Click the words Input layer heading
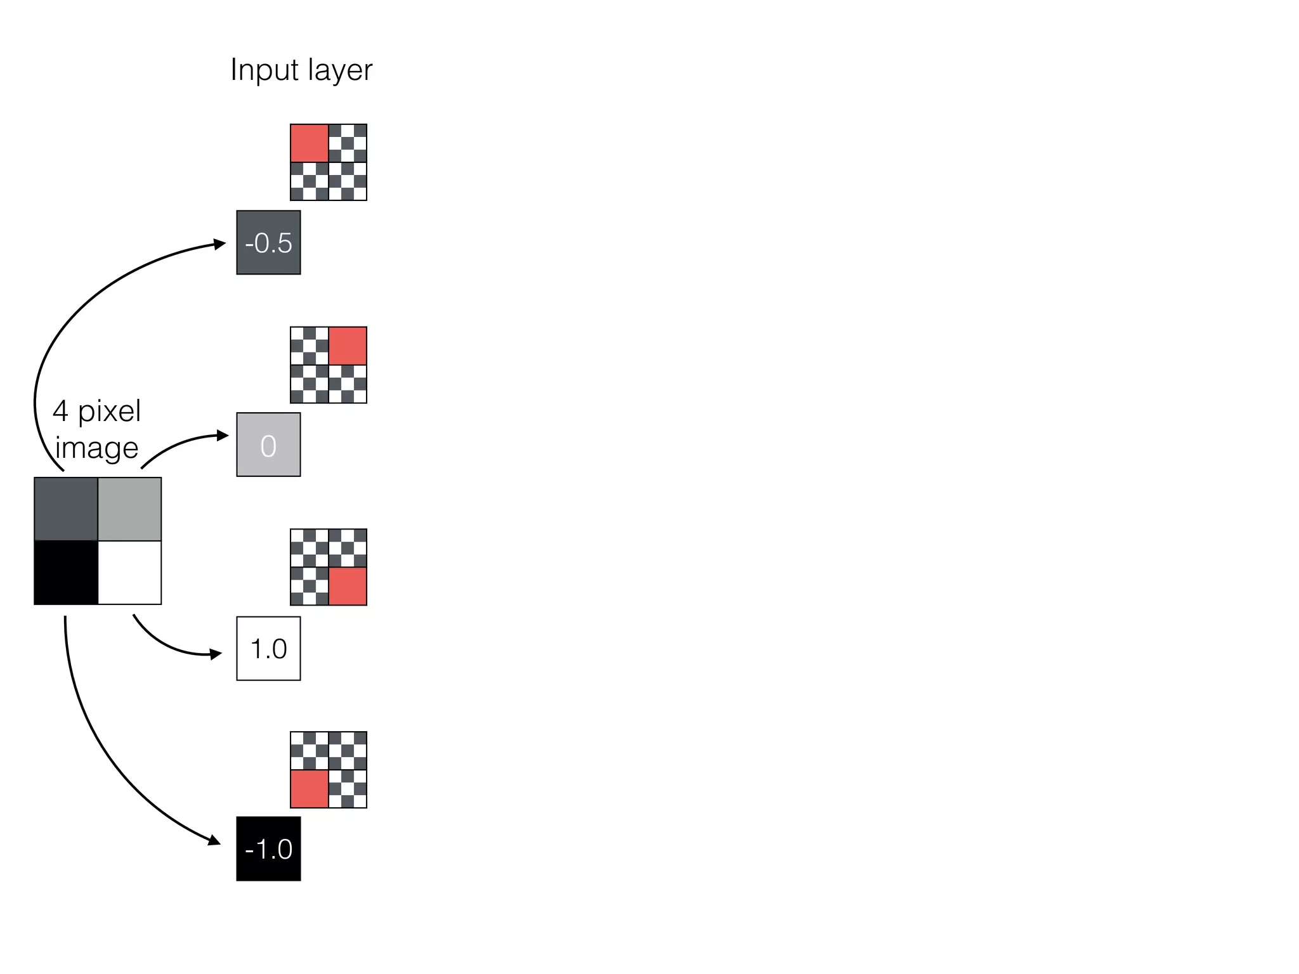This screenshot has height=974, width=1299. tap(301, 70)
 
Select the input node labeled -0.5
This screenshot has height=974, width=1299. tap(268, 243)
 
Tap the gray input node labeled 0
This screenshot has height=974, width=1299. tap(268, 445)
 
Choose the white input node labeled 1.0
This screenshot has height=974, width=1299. tap(268, 649)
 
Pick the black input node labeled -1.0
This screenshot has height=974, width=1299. tap(268, 849)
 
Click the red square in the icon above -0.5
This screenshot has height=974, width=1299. tap(310, 143)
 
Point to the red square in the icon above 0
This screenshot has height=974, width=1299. tap(348, 346)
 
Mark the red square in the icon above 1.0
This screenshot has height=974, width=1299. tap(348, 587)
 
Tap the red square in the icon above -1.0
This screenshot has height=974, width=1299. tap(310, 789)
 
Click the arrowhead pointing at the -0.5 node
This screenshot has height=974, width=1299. tap(220, 244)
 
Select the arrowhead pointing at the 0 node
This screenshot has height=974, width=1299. tap(223, 435)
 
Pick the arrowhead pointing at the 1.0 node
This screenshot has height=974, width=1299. tap(216, 654)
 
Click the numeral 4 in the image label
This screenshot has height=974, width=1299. tap(60, 412)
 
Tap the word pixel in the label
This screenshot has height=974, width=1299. tap(109, 412)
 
